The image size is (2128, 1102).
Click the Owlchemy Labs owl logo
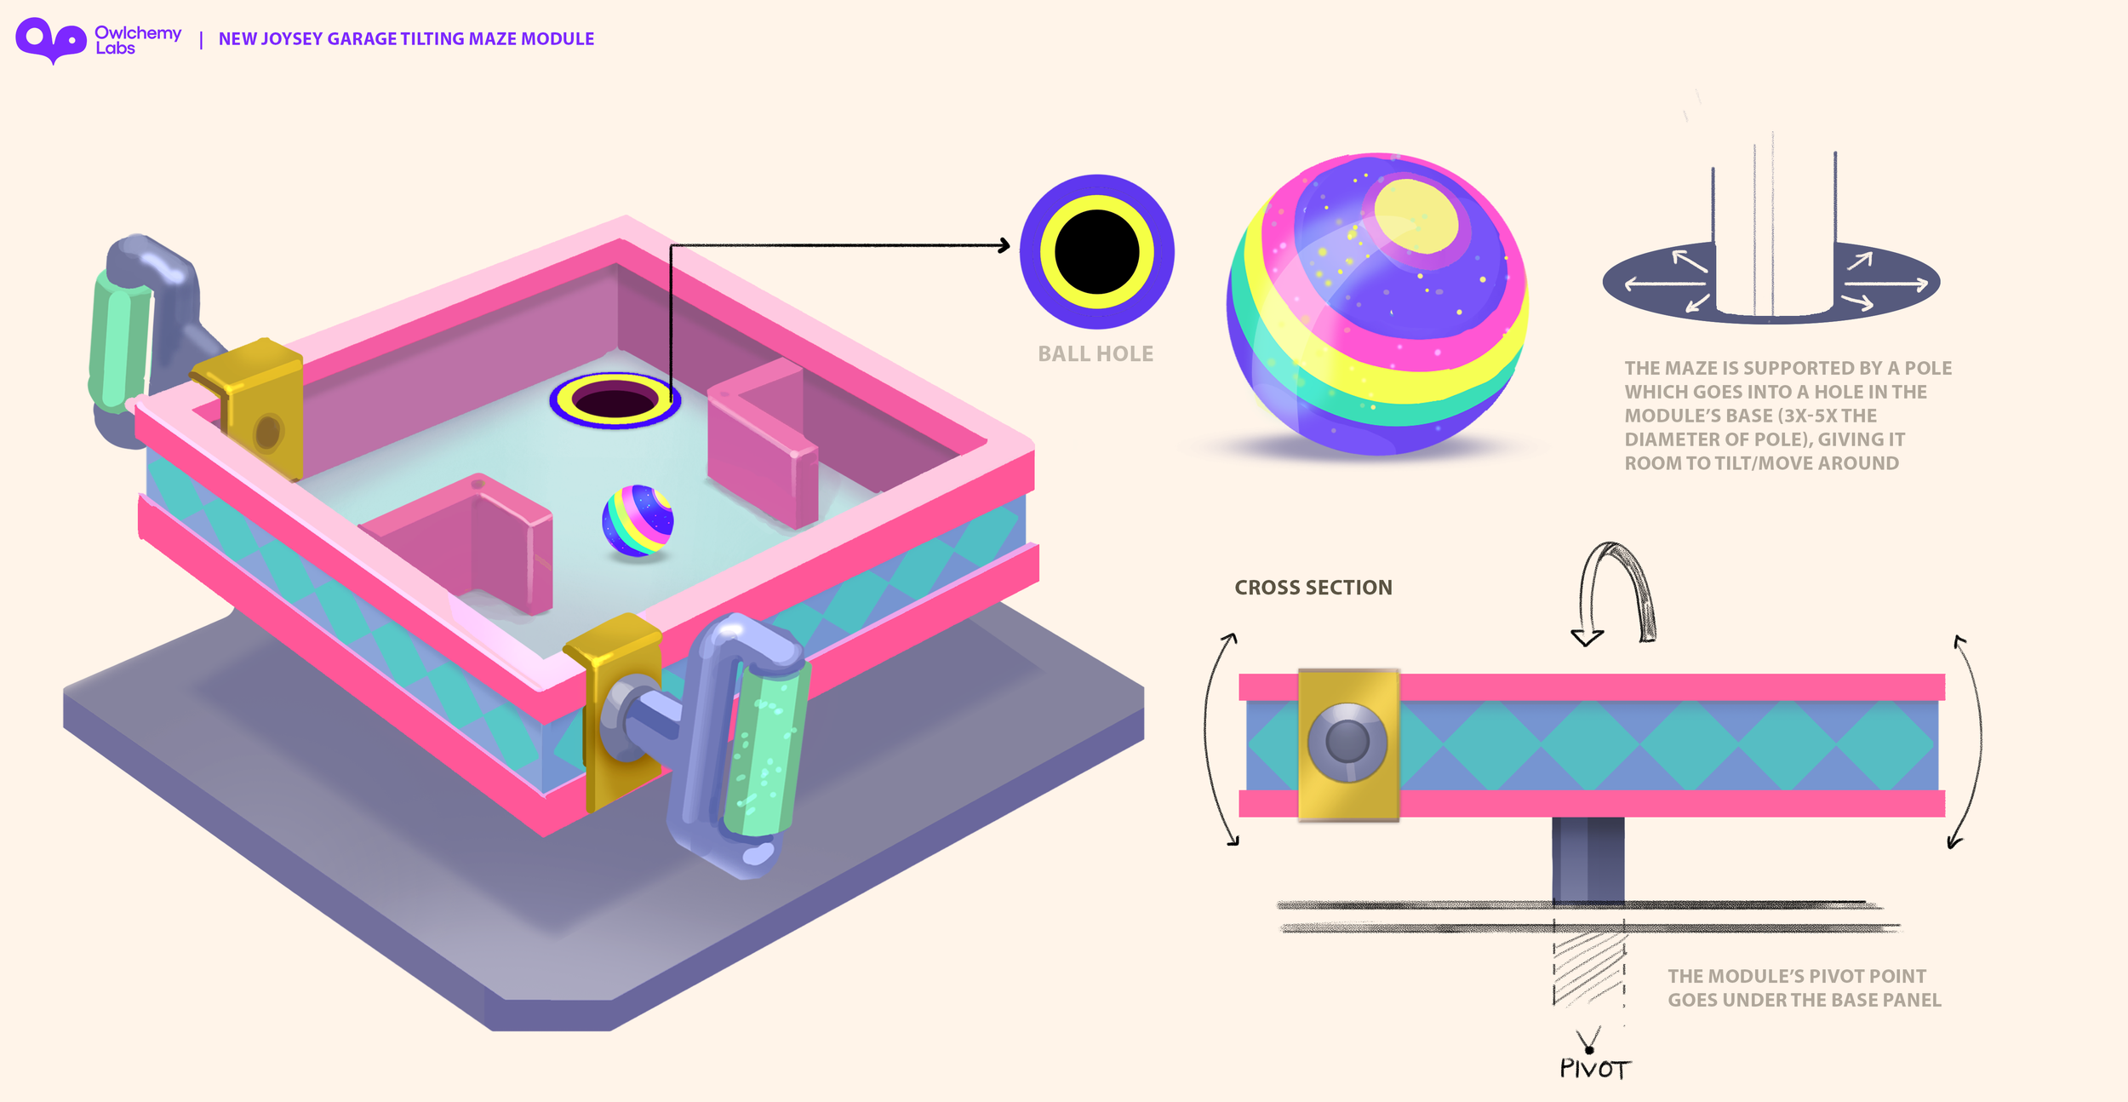51,40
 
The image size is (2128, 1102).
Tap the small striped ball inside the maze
638,520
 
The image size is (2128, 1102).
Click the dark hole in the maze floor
615,400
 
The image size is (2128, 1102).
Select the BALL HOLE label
1095,353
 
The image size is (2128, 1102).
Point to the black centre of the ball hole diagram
1096,252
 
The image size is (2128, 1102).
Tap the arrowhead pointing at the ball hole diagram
1004,246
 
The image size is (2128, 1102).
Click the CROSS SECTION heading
1313,588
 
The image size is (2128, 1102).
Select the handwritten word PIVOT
1594,1069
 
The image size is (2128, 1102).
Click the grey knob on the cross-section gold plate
1347,742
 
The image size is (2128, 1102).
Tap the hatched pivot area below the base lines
1588,967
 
